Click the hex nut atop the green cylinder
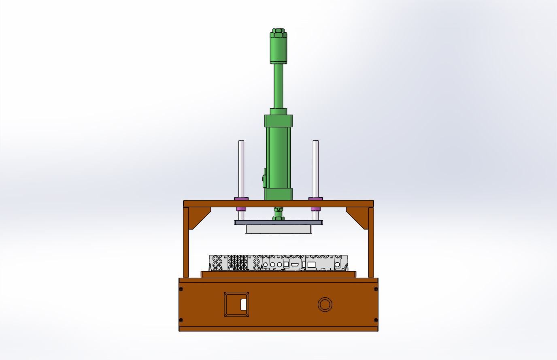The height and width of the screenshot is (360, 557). (278, 33)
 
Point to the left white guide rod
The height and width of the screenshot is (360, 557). (241, 168)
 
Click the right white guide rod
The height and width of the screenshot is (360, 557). (316, 168)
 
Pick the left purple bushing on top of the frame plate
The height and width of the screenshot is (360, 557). (241, 199)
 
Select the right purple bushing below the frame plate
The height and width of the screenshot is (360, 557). (316, 209)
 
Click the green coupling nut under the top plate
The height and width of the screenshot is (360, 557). (278, 213)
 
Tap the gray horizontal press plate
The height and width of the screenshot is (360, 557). (278, 222)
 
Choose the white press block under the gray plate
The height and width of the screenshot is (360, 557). (278, 229)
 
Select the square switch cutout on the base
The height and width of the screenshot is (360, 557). (236, 304)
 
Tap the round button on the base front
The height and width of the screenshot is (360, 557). (325, 305)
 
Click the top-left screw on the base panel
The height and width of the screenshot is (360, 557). (181, 289)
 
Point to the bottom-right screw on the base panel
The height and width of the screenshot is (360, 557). (376, 320)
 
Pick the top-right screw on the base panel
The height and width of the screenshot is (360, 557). (376, 289)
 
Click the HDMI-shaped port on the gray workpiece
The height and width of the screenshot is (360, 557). (295, 264)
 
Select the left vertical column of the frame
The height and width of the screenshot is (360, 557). (186, 243)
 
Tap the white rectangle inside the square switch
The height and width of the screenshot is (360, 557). (244, 304)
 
